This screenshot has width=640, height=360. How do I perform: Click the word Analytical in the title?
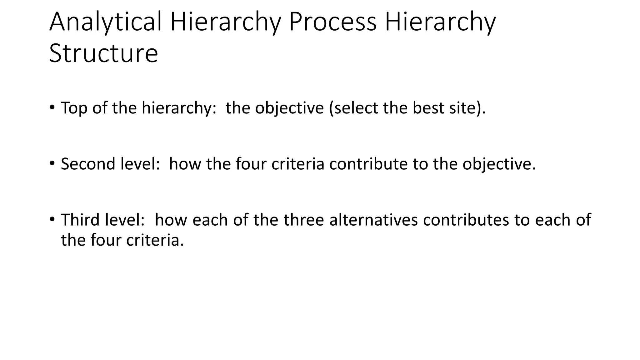(105, 22)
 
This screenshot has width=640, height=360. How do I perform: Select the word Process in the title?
(332, 22)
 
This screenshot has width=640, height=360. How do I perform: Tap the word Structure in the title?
(103, 53)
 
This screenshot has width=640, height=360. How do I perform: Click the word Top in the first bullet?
(74, 108)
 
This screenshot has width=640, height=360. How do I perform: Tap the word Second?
(84, 164)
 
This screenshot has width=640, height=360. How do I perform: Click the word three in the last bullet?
(303, 220)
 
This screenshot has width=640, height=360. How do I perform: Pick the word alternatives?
(373, 220)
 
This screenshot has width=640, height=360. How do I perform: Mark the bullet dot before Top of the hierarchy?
(52, 107)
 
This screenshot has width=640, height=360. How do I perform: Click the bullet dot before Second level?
(52, 163)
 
